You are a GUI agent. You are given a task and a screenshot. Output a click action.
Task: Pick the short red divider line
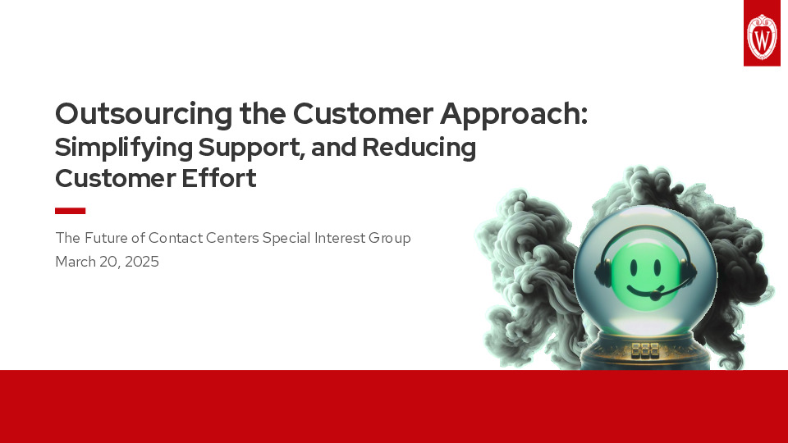coord(70,211)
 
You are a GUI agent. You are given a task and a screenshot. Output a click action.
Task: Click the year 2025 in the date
coord(141,263)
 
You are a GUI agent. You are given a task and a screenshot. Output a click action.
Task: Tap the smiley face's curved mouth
coord(644,287)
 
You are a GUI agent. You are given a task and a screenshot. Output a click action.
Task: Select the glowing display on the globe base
coord(645,350)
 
